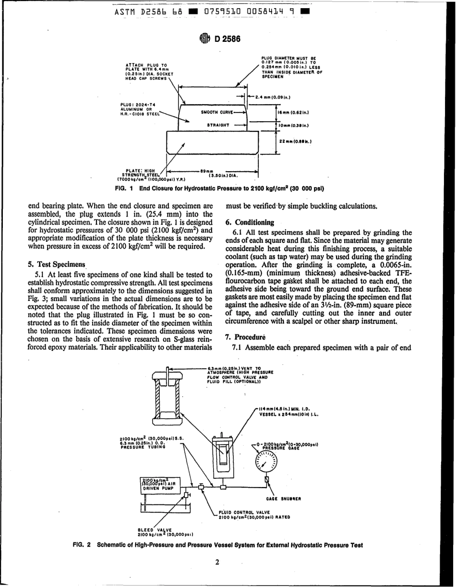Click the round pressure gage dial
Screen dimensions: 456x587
[x=267, y=461]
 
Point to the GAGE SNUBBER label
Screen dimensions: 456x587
[x=284, y=499]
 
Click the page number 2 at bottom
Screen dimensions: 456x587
[x=217, y=562]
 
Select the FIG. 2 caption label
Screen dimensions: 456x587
[x=82, y=545]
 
